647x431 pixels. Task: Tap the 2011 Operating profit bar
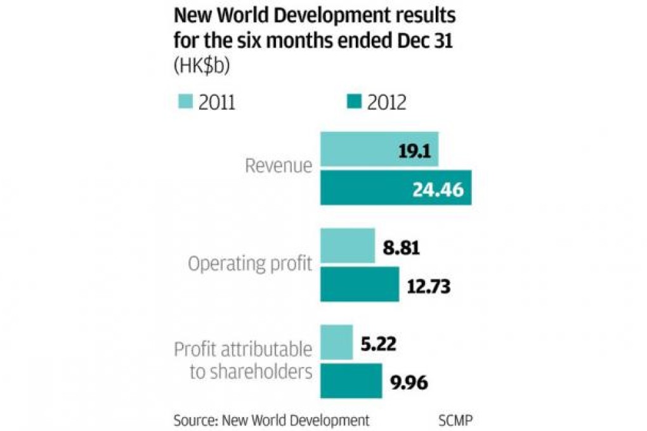348,246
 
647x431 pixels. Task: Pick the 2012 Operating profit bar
359,284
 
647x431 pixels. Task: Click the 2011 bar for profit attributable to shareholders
336,342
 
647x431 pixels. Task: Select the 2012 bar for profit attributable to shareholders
351,380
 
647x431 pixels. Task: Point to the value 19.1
416,150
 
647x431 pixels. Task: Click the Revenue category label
278,167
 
